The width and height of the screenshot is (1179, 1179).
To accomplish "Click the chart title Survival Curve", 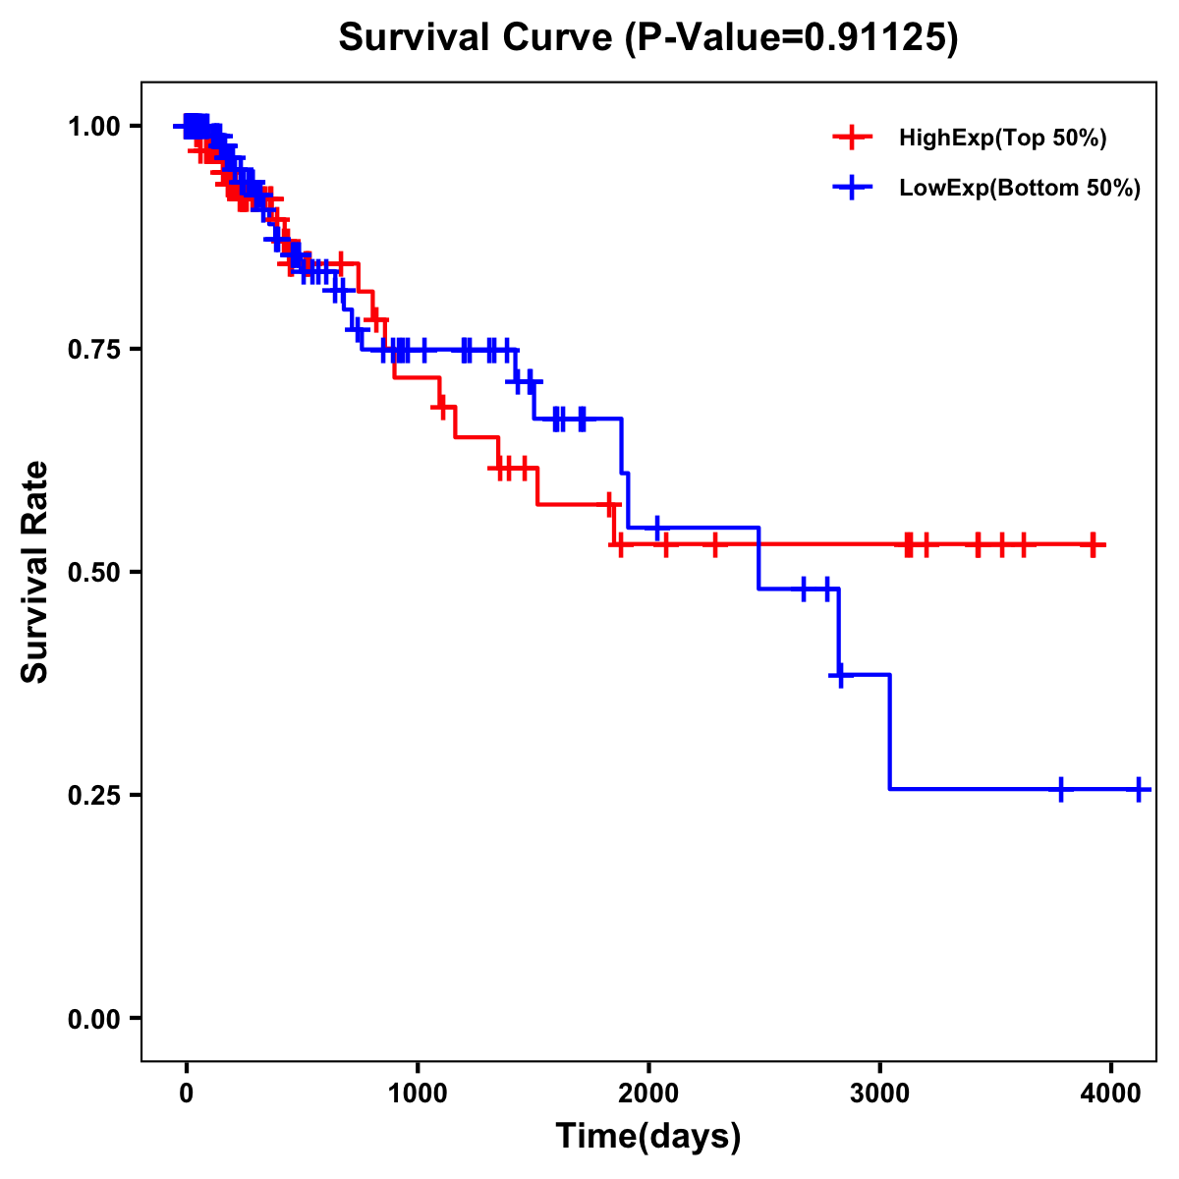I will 479,37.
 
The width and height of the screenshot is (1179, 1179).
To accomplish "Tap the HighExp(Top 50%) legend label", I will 1002,139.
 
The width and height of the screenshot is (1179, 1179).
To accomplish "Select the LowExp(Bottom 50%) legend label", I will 1020,189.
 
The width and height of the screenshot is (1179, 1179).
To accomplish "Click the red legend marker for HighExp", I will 852,138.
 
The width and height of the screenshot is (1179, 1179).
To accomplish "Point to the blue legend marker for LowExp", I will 852,188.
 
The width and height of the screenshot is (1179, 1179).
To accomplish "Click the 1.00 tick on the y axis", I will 93,126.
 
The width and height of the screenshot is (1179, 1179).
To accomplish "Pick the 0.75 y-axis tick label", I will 93,349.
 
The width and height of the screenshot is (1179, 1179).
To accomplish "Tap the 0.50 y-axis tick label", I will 93,572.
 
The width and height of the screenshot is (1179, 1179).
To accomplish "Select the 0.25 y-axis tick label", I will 93,795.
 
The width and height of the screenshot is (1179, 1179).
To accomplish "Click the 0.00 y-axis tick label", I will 93,1018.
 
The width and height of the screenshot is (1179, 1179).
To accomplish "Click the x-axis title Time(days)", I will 648,1137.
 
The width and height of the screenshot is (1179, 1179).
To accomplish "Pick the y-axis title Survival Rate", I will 35,572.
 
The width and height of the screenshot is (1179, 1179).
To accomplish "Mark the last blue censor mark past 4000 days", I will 1138,789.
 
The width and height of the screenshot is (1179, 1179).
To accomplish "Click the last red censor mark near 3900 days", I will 1093,544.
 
